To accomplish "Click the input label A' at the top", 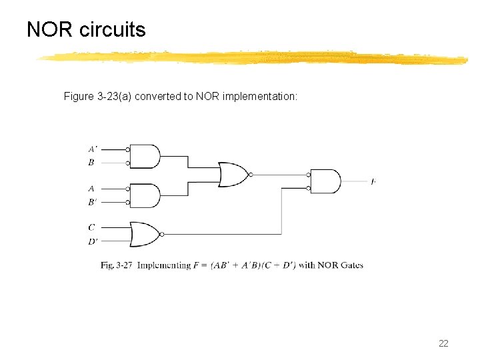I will point(92,149).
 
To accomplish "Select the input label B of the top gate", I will point(91,162).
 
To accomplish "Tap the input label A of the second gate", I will point(91,189).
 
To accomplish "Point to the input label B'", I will point(92,201).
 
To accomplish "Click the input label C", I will point(91,227).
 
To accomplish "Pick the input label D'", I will point(93,241).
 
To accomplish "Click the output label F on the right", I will point(373,181).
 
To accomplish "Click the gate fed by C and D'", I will point(145,234).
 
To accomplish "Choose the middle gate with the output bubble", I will point(232,175).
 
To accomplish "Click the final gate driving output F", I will point(326,181).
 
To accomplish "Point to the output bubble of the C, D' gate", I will point(163,234).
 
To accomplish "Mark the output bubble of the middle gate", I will point(250,175).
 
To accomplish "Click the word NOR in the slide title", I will point(50,30).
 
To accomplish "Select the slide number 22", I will point(443,343).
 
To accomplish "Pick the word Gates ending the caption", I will point(351,265).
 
